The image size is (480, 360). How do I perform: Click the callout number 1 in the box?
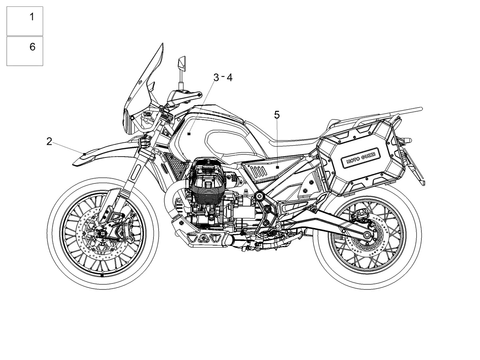tap(32, 17)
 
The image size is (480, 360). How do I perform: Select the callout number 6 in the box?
tap(32, 47)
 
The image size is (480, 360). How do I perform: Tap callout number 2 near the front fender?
tap(49, 142)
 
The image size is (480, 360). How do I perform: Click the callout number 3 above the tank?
tap(216, 78)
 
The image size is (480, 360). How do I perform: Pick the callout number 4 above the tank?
tap(229, 78)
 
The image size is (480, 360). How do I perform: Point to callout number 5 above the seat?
tap(277, 115)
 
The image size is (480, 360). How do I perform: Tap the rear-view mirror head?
tap(182, 64)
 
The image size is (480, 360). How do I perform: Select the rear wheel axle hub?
tap(367, 235)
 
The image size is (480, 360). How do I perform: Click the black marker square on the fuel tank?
tap(189, 134)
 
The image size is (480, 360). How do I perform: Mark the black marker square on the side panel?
tap(277, 167)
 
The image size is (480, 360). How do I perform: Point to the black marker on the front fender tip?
tap(85, 154)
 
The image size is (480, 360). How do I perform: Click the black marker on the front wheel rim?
tap(102, 275)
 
